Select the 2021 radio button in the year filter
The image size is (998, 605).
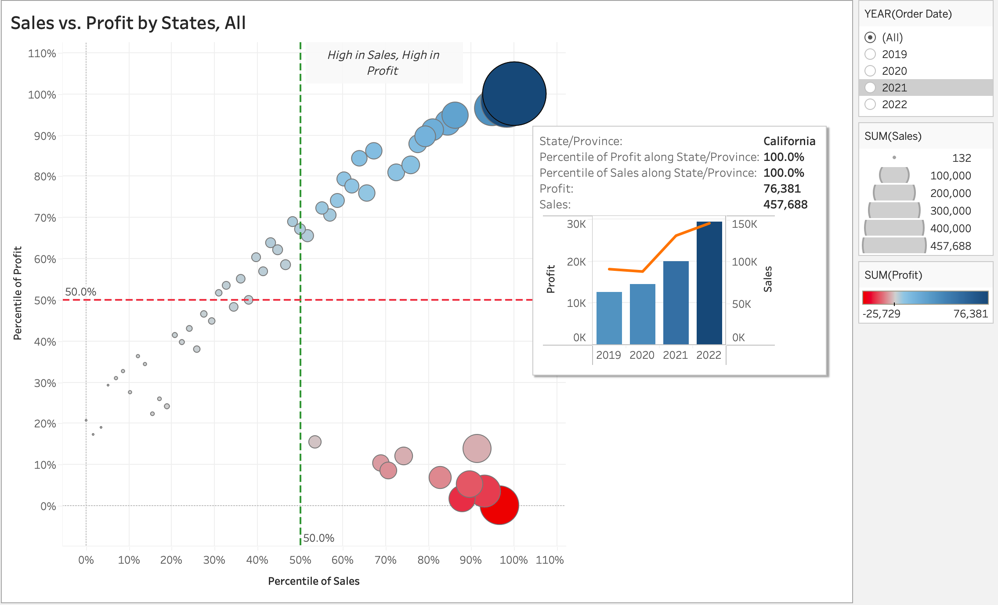coord(870,87)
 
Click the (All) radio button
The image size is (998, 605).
coord(870,37)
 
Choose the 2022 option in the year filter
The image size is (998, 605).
coord(870,104)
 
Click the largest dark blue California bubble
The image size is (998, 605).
coord(514,93)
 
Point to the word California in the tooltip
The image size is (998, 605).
coord(789,141)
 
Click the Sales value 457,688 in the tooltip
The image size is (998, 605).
coord(785,204)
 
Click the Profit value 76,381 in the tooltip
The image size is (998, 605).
coord(782,189)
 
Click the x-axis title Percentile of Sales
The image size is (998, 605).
coord(314,581)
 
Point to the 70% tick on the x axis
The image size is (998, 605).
coord(385,560)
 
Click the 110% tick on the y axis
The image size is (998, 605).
coord(42,54)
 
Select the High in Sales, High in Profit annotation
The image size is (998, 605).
coord(383,62)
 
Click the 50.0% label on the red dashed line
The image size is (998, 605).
coord(80,292)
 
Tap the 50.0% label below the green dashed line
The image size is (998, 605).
coord(318,538)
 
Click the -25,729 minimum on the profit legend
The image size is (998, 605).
coord(881,313)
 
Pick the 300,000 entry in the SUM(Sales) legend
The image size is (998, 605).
coord(950,211)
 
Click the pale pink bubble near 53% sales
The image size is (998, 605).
coord(315,441)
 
